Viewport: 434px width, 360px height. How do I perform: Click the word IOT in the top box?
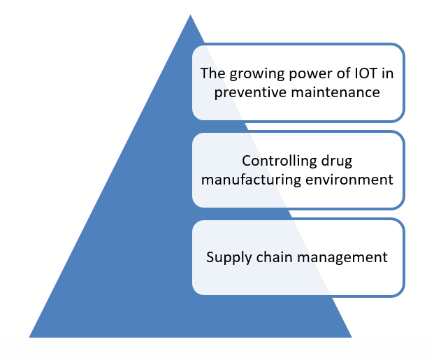pyautogui.click(x=366, y=73)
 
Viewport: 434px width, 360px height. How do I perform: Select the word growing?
pyautogui.click(x=257, y=74)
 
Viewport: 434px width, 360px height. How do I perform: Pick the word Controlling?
pyautogui.click(x=279, y=161)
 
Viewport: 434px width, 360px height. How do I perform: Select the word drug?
pyautogui.click(x=337, y=161)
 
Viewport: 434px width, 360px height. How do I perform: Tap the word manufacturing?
pyautogui.click(x=251, y=180)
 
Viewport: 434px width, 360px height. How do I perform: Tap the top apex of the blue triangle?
pyautogui.click(x=190, y=15)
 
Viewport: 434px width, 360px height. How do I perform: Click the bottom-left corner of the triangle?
pyautogui.click(x=29, y=338)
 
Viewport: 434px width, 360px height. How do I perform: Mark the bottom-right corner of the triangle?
pyautogui.click(x=352, y=338)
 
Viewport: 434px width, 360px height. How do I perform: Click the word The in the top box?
pyautogui.click(x=212, y=73)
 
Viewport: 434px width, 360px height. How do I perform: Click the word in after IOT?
pyautogui.click(x=387, y=73)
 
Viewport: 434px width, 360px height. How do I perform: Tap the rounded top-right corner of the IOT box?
pyautogui.click(x=400, y=48)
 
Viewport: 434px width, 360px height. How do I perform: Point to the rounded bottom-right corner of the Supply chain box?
pyautogui.click(x=400, y=293)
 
